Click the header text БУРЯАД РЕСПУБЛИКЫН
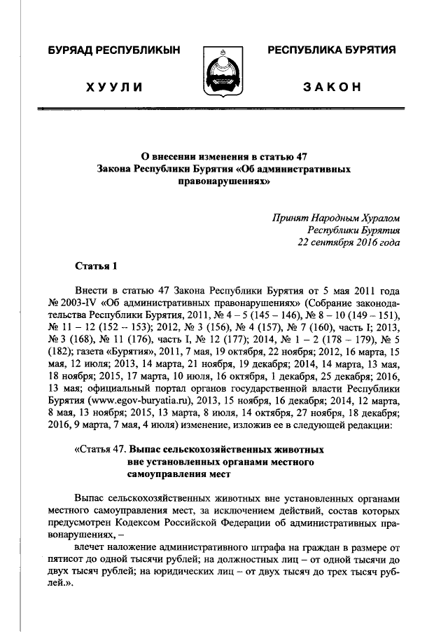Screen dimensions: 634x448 point(113,50)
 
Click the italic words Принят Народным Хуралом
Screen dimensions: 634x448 point(337,219)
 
